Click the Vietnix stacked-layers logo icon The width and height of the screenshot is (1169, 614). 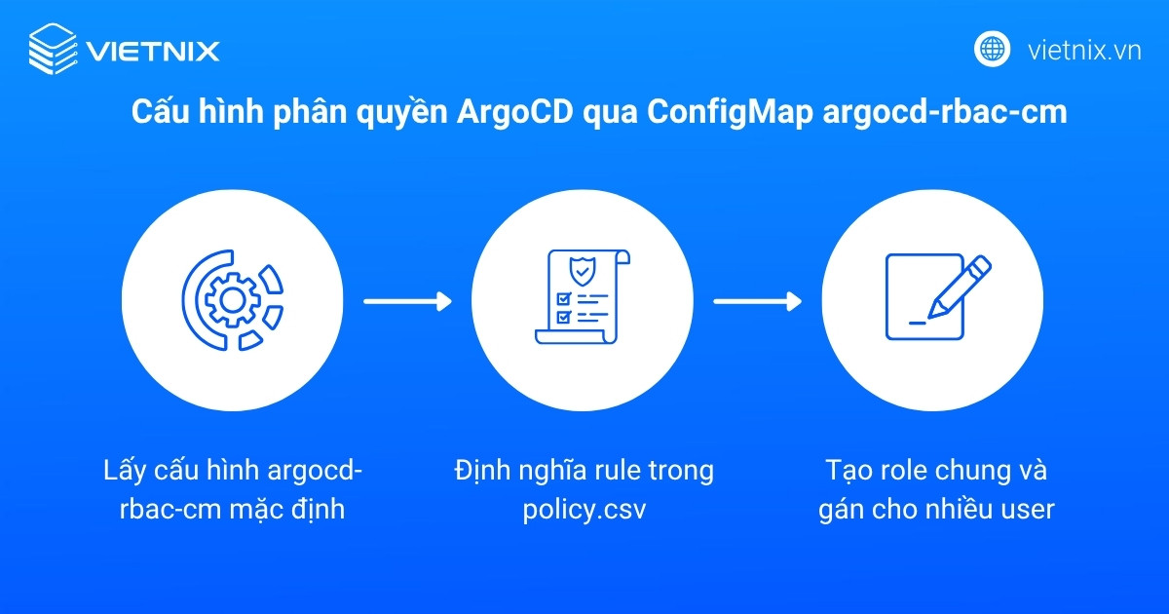click(x=52, y=49)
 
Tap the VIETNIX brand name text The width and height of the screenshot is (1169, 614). click(x=153, y=50)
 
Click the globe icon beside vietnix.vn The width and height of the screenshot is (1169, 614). click(x=993, y=49)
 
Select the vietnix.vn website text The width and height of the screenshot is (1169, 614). click(x=1084, y=50)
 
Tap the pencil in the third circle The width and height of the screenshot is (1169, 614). click(x=956, y=287)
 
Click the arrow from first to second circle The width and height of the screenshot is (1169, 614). click(x=407, y=301)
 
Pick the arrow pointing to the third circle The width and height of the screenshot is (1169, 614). click(x=757, y=301)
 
